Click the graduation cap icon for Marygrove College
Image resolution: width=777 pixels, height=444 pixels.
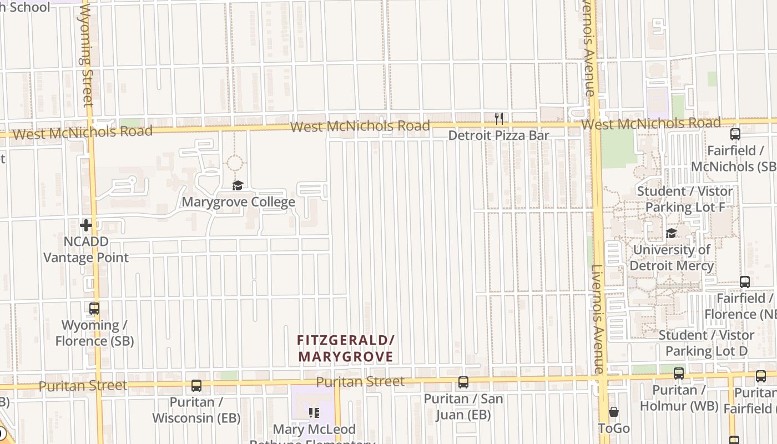pyautogui.click(x=238, y=185)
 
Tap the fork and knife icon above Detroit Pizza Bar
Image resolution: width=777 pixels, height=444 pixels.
pyautogui.click(x=499, y=118)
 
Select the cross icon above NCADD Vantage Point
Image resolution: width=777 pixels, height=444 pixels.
pyautogui.click(x=86, y=225)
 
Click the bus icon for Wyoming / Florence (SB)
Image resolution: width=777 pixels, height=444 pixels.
pyautogui.click(x=94, y=309)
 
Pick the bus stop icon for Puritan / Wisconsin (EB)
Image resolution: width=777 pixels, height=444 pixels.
pyautogui.click(x=196, y=385)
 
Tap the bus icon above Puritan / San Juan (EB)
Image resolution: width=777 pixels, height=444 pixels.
pyautogui.click(x=463, y=382)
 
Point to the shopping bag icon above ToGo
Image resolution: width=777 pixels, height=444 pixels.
pyautogui.click(x=614, y=412)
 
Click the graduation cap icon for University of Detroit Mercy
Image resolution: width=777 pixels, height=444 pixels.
pyautogui.click(x=672, y=233)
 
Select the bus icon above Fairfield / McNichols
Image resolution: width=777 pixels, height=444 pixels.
pyautogui.click(x=735, y=134)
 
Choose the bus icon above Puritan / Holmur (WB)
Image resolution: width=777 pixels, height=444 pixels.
pyautogui.click(x=679, y=374)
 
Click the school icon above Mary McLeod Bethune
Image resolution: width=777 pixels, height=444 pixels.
pyautogui.click(x=314, y=413)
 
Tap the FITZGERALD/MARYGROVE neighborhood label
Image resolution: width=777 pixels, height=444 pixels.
pyautogui.click(x=345, y=348)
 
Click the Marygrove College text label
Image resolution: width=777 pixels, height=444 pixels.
pyautogui.click(x=239, y=201)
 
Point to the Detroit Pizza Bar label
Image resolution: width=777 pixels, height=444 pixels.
pyautogui.click(x=498, y=135)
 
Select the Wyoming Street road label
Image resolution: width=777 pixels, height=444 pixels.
pyautogui.click(x=87, y=56)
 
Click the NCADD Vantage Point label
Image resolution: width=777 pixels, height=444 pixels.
pyautogui.click(x=86, y=250)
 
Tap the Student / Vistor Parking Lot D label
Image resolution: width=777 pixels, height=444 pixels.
pyautogui.click(x=706, y=343)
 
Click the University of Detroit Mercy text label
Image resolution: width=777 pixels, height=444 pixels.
pyautogui.click(x=672, y=258)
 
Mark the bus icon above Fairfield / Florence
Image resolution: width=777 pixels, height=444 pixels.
pyautogui.click(x=745, y=282)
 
